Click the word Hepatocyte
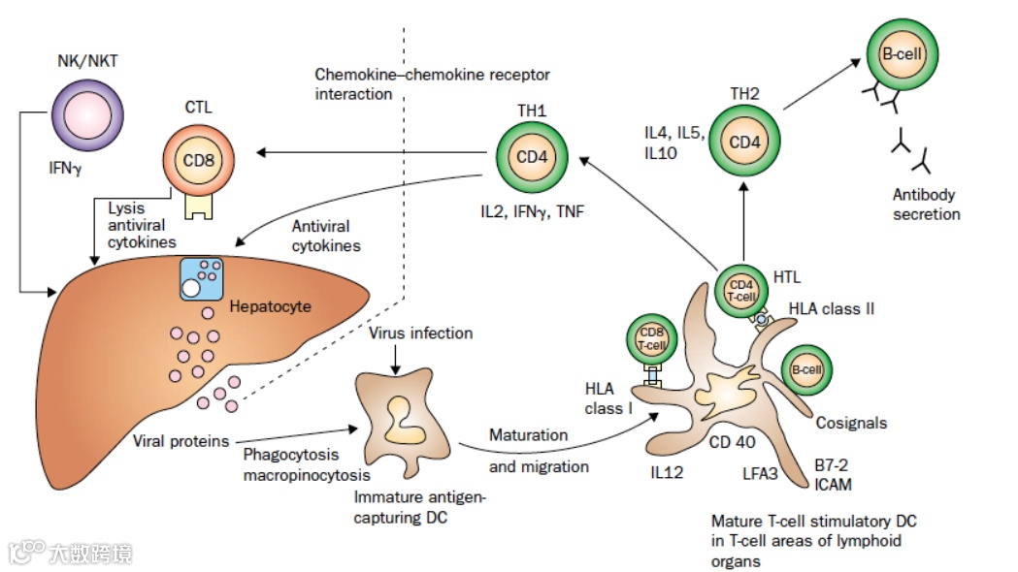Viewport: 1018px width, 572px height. coord(271,306)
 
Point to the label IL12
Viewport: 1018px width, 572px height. coord(667,472)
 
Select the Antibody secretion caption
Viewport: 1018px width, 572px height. coord(927,206)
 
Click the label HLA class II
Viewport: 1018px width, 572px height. coord(833,309)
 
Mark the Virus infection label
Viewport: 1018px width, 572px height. coord(421,333)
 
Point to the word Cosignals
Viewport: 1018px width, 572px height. coord(850,423)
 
